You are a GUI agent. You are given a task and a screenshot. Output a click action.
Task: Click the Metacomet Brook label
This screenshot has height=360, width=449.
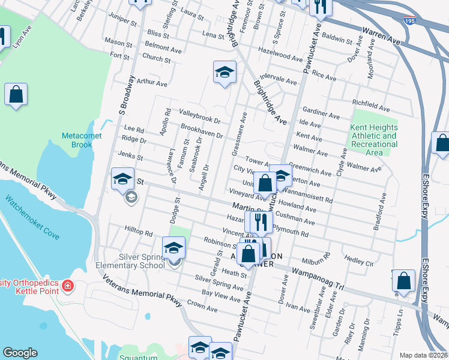77,140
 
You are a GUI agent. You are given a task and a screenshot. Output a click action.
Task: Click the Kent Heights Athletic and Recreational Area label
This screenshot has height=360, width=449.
374,140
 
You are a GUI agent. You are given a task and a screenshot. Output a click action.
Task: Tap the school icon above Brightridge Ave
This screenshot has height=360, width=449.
224,73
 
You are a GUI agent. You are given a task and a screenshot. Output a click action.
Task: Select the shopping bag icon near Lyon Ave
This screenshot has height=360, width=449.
16,95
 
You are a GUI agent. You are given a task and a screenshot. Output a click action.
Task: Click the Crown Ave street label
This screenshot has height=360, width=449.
202,306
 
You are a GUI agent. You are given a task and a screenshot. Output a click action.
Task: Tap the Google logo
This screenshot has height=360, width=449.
20,353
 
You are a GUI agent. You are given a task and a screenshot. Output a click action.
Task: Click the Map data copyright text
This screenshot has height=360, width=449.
422,355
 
